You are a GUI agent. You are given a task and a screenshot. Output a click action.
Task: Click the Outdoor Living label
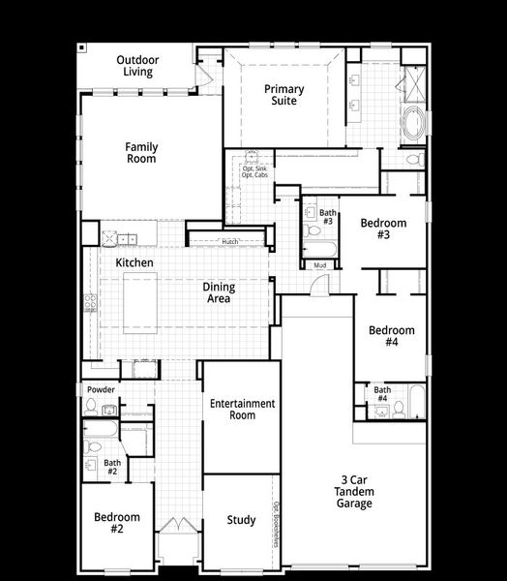(137, 65)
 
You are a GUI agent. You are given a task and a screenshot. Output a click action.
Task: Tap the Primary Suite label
(284, 95)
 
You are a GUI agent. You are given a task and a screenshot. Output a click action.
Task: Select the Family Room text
(141, 153)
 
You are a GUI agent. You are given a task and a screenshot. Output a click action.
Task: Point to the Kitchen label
(134, 262)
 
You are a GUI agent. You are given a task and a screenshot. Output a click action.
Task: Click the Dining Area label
(217, 292)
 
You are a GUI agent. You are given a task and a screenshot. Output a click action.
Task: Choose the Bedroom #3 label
(383, 229)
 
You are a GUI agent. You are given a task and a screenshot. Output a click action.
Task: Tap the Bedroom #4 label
(391, 336)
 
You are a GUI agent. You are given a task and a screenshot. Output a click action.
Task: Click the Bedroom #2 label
(116, 523)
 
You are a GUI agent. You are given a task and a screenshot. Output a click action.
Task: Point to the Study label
(241, 520)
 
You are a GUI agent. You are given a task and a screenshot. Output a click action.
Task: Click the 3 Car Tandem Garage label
(355, 491)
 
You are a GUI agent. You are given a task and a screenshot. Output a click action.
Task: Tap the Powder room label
(101, 390)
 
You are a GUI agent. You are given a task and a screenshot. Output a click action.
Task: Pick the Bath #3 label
(327, 217)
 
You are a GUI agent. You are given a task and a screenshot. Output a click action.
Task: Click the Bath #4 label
(382, 394)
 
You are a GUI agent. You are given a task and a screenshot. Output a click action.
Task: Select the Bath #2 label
(112, 467)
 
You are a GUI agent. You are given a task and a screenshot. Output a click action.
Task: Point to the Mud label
(319, 264)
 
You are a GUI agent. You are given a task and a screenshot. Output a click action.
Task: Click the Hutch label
(229, 241)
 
